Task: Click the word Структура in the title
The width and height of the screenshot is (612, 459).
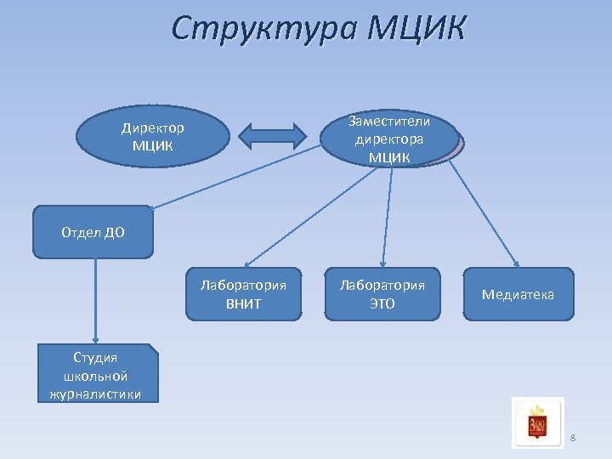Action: (x=263, y=27)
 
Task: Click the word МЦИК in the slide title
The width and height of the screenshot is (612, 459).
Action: (x=417, y=27)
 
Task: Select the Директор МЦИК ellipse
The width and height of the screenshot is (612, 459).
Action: (x=153, y=136)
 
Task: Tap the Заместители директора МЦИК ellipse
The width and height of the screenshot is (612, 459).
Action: (x=389, y=139)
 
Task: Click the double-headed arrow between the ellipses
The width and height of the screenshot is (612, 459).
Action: (x=275, y=136)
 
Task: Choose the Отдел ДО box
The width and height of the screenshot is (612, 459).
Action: (x=93, y=232)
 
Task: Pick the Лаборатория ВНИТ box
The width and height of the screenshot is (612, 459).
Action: (x=243, y=294)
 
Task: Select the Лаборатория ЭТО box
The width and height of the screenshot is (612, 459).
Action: (x=382, y=294)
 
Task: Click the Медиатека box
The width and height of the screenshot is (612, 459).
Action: (x=518, y=294)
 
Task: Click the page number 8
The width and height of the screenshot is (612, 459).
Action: (x=572, y=438)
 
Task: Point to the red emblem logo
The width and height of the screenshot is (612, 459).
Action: (x=537, y=422)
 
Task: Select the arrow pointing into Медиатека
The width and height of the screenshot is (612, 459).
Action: (x=484, y=212)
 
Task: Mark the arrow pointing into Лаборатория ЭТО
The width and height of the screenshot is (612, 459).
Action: (x=386, y=217)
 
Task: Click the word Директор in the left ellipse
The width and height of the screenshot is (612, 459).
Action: (x=152, y=128)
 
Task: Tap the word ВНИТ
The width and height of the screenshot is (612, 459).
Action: (x=243, y=303)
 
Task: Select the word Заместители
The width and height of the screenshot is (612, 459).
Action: (x=389, y=122)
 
